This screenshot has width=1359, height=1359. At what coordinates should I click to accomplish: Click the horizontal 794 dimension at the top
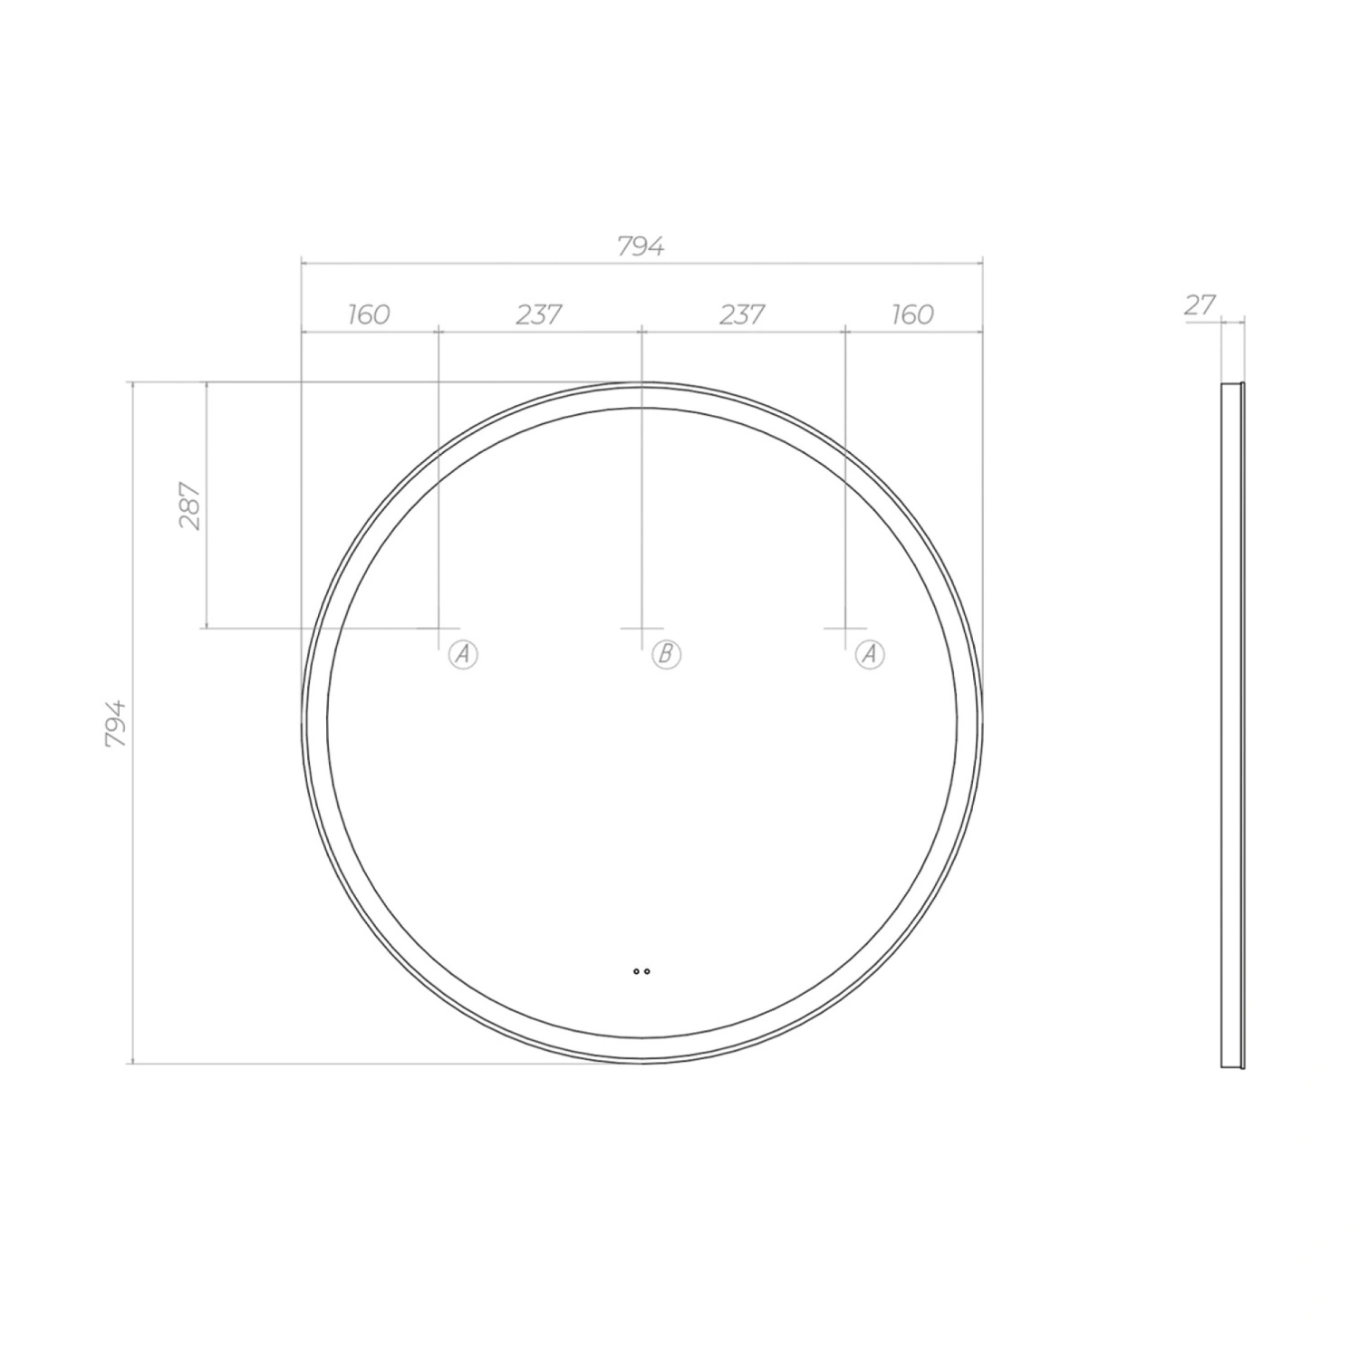pyautogui.click(x=641, y=246)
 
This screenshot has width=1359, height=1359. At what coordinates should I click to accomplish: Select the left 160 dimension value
pyautogui.click(x=369, y=314)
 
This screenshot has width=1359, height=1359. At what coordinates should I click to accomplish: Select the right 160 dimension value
pyautogui.click(x=912, y=314)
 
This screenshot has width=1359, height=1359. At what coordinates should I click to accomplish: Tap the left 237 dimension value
pyautogui.click(x=539, y=314)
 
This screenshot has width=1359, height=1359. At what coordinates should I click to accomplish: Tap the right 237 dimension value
pyautogui.click(x=742, y=314)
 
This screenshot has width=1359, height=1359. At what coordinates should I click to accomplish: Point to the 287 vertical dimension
pyautogui.click(x=191, y=506)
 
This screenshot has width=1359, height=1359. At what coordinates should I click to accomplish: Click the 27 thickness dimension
pyautogui.click(x=1199, y=305)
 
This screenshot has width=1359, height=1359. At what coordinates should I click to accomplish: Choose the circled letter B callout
pyautogui.click(x=666, y=653)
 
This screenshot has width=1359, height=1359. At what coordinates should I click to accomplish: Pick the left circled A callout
pyautogui.click(x=463, y=653)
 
